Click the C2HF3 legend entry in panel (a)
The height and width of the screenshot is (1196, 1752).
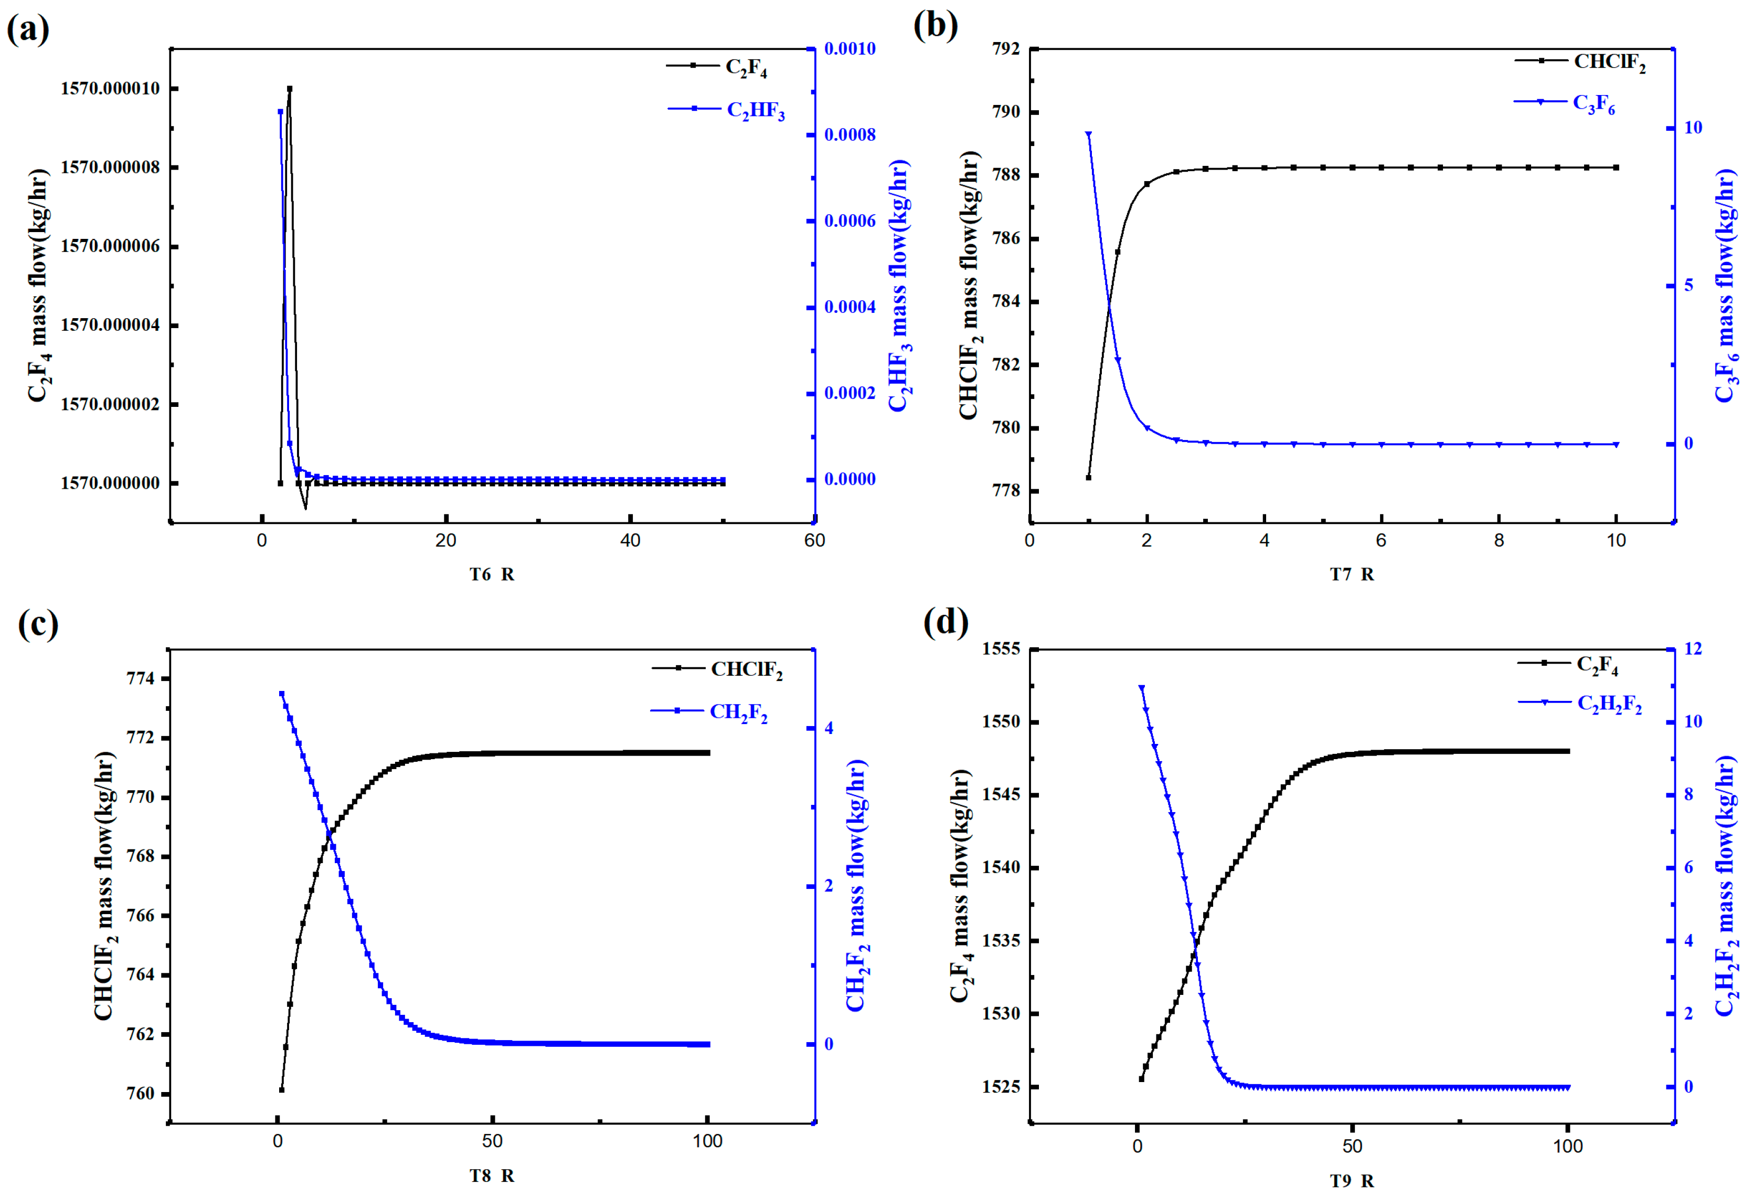(755, 111)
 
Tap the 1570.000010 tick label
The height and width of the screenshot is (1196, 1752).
(110, 89)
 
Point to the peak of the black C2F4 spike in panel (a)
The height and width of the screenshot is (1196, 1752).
(290, 89)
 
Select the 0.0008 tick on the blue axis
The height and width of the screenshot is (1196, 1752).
(850, 135)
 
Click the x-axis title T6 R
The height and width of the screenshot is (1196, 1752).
(492, 574)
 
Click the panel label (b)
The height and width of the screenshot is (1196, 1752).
(936, 26)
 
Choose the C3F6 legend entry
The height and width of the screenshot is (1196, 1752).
(1593, 103)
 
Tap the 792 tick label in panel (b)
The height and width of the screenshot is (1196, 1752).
(1006, 49)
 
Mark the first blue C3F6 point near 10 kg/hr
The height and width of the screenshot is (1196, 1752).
(1089, 135)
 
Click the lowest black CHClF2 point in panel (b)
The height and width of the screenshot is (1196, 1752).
(1089, 477)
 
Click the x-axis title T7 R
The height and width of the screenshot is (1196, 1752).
(1352, 574)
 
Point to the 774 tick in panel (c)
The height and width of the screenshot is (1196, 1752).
(140, 679)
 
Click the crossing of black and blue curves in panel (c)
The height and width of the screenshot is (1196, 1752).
(330, 833)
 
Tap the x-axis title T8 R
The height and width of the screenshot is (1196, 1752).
(492, 1176)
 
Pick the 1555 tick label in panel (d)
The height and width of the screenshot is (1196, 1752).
(1001, 649)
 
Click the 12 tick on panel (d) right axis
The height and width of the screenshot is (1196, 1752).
(1693, 649)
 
